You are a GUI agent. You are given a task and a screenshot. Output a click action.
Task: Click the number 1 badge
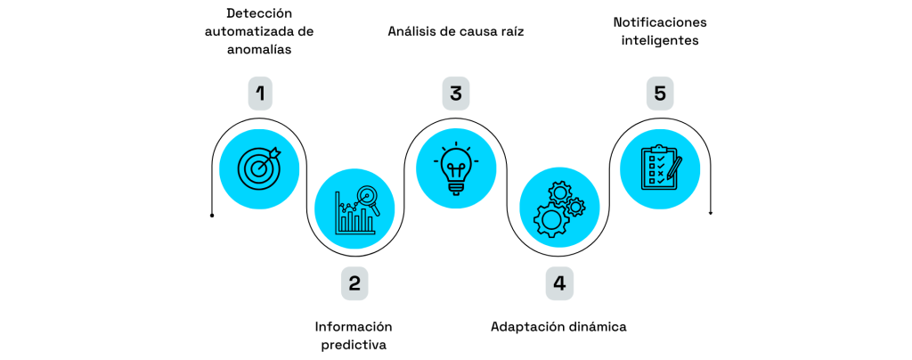coord(260,93)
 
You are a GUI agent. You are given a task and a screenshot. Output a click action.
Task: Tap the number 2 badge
coord(354,283)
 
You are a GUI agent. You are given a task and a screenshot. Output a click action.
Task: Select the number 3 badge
coord(455,93)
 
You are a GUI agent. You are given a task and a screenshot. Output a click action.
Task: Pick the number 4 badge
coord(559,283)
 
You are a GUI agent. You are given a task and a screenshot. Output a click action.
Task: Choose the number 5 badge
coord(660,93)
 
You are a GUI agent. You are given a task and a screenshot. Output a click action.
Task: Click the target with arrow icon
coord(259,168)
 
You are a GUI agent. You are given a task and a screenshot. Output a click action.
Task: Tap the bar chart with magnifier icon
coord(355,210)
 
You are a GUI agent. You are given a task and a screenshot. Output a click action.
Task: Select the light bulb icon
coord(455,168)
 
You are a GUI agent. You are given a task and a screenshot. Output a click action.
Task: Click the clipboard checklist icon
coord(660,168)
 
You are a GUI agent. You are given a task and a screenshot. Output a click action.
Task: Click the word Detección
coord(259,13)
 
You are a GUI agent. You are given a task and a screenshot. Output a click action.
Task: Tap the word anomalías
coord(259,50)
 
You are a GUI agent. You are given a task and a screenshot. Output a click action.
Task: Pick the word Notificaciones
coord(660,22)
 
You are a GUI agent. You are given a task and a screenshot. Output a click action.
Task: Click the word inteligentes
coord(660,41)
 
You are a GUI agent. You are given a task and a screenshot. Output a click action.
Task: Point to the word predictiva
coord(354,345)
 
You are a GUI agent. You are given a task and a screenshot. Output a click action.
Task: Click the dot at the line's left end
coord(212,216)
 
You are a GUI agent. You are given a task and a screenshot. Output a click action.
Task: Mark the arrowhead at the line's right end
coord(710,212)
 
